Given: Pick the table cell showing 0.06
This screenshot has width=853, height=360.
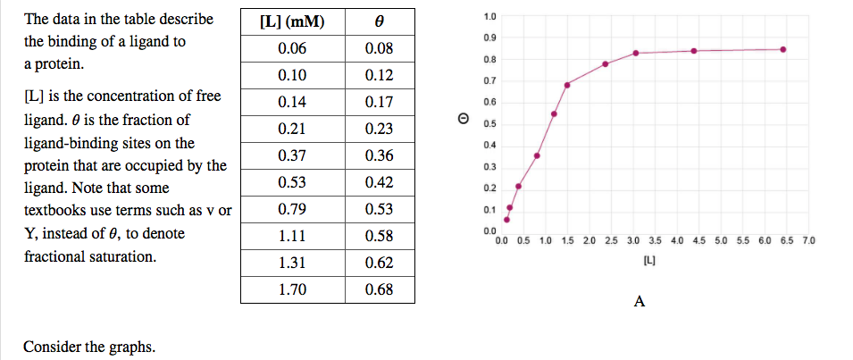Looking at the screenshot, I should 291,48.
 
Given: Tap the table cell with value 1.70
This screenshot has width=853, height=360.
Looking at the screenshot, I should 291,289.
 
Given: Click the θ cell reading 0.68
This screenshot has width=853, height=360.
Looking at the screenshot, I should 380,289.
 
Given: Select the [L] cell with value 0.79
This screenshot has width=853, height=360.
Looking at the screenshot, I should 291,209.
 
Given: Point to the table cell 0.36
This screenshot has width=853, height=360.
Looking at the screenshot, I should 380,155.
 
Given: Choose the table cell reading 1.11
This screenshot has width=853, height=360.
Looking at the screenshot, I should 291,236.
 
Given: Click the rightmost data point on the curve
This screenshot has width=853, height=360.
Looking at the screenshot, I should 783,49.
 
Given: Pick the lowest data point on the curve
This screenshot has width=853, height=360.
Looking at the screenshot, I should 506,220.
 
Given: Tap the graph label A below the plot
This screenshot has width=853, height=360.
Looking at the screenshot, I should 639,302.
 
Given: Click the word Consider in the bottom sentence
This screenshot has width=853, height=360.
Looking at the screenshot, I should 52,347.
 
